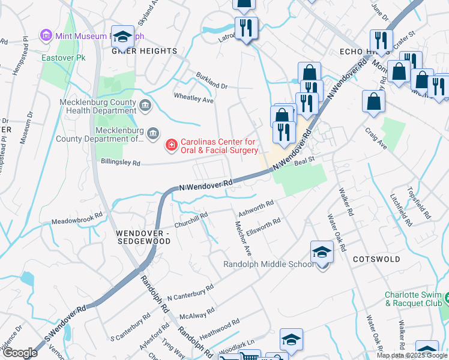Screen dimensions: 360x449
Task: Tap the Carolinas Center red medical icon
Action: tap(171, 145)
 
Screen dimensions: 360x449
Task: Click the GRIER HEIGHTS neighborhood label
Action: tap(144, 51)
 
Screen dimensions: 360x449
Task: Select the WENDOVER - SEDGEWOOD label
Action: tap(144, 236)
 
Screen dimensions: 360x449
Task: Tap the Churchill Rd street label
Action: tap(191, 215)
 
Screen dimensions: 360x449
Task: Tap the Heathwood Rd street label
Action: tap(219, 331)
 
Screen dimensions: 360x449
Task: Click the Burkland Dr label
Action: tap(212, 81)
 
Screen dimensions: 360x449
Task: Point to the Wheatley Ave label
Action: tap(193, 97)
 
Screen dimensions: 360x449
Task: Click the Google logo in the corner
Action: tap(19, 353)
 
